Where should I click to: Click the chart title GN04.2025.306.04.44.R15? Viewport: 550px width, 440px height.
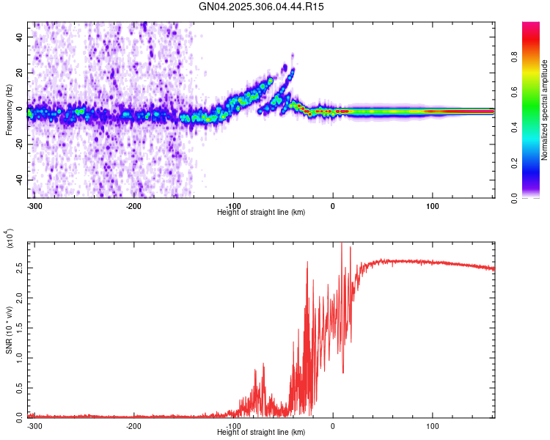pos(261,7)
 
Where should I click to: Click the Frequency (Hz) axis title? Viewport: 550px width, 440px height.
pos(9,110)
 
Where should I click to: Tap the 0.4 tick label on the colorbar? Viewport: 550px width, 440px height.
pos(535,128)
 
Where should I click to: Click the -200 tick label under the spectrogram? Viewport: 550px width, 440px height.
pos(133,205)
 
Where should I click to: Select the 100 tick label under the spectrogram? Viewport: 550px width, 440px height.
pos(433,205)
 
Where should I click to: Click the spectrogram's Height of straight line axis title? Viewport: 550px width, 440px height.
pos(261,213)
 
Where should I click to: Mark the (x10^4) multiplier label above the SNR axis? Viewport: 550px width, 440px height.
pos(10,239)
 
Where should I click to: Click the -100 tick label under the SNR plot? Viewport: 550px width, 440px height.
pos(233,426)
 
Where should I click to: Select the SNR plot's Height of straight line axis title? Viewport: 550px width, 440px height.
pos(261,433)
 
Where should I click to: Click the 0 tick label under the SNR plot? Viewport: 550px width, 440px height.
pos(333,426)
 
